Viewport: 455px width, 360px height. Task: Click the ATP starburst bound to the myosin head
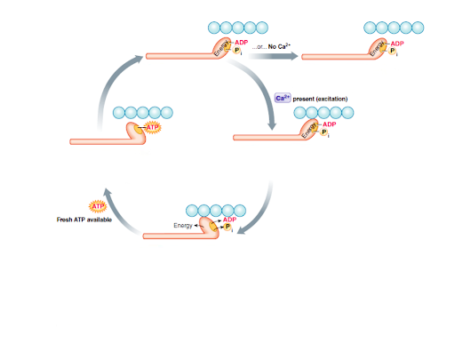coord(153,128)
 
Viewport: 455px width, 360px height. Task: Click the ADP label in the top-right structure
coord(396,44)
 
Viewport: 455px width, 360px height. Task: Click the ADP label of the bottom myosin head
coord(230,220)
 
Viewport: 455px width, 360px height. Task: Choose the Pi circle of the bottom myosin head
coord(228,228)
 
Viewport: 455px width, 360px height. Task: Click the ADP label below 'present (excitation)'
coord(329,124)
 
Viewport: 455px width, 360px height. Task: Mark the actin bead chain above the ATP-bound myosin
coord(143,113)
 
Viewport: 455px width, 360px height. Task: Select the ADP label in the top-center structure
coord(241,43)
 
